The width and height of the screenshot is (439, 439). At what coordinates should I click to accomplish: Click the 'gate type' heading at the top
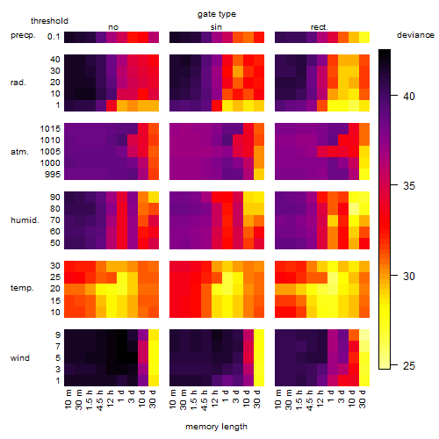click(x=217, y=14)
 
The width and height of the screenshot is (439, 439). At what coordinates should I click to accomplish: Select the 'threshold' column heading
click(x=49, y=21)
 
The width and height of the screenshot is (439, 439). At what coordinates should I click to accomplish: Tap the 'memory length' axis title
click(x=216, y=427)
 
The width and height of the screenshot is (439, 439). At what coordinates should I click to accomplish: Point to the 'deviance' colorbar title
click(x=415, y=35)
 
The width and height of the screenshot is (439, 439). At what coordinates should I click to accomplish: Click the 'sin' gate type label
click(x=216, y=27)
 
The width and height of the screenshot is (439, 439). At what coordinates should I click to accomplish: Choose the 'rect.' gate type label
click(x=319, y=27)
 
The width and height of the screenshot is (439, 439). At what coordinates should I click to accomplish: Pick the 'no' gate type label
click(x=113, y=27)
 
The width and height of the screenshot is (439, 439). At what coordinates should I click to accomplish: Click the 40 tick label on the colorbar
click(x=408, y=96)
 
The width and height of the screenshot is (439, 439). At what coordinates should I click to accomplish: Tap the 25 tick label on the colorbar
click(x=408, y=365)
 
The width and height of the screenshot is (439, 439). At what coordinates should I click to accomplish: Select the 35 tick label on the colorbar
click(x=408, y=185)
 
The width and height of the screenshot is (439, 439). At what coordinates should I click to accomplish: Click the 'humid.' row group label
click(x=25, y=219)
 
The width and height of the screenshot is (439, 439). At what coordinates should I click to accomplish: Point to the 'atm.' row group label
click(x=19, y=152)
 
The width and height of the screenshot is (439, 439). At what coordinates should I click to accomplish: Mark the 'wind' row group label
click(x=20, y=357)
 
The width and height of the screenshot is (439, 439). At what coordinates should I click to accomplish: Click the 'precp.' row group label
click(x=23, y=35)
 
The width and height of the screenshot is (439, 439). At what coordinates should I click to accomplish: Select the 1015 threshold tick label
click(x=50, y=128)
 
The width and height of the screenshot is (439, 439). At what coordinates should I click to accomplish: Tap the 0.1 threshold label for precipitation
click(x=54, y=37)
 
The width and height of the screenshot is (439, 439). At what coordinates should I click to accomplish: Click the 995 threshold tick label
click(x=53, y=175)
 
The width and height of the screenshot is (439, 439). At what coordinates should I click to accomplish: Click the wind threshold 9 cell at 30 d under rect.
click(x=364, y=335)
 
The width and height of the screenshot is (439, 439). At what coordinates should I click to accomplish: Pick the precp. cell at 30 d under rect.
click(x=364, y=37)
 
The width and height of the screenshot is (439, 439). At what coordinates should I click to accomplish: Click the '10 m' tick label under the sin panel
click(x=173, y=399)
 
